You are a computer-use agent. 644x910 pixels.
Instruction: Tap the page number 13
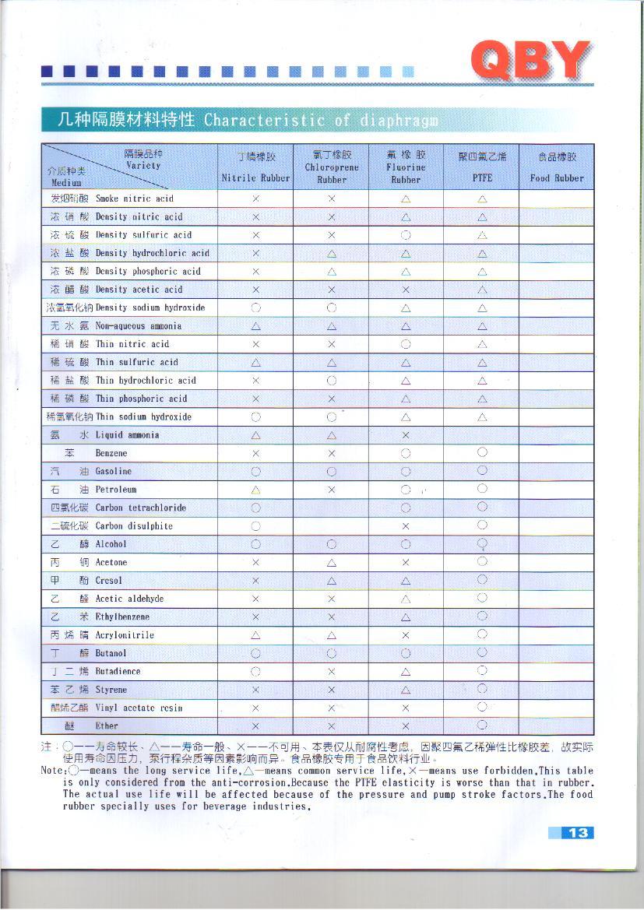[x=578, y=833]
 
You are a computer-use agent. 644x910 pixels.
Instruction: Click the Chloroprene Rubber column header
[x=331, y=167]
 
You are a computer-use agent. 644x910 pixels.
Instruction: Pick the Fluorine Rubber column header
[x=406, y=167]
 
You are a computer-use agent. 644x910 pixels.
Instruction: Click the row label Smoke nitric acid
[x=134, y=199]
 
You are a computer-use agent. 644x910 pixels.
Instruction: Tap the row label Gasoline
[x=114, y=471]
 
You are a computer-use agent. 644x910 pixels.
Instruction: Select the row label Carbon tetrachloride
[x=140, y=508]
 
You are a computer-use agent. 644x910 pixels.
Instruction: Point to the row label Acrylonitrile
[x=125, y=635]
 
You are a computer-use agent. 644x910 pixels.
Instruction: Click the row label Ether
[x=107, y=726]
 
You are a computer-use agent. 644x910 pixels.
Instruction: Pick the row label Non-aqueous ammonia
[x=138, y=325]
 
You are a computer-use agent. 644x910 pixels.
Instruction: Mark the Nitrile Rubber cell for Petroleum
[x=255, y=490]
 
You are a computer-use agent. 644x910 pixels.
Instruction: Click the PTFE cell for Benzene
[x=482, y=452]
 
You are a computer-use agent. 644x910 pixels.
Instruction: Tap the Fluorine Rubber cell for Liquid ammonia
[x=406, y=434]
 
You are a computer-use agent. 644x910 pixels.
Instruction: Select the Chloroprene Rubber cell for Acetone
[x=331, y=562]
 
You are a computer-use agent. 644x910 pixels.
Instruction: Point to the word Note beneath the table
[x=52, y=770]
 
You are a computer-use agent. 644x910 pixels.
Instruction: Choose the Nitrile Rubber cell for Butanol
[x=255, y=653]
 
